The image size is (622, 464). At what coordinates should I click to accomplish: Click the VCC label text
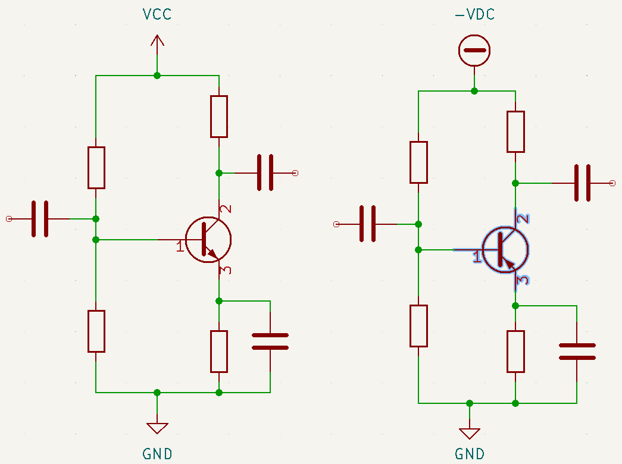(157, 14)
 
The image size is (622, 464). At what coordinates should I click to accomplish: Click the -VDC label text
(474, 15)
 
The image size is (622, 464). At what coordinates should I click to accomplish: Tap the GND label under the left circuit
(157, 454)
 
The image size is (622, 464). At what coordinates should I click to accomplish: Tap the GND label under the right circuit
(470, 454)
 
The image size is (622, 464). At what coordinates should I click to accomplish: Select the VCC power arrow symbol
(157, 42)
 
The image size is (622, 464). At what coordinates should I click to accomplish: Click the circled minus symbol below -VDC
(474, 50)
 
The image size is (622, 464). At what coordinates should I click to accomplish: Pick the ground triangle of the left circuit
(157, 428)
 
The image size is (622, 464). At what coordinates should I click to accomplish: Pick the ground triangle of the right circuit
(470, 433)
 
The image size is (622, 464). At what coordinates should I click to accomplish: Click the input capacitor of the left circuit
(40, 219)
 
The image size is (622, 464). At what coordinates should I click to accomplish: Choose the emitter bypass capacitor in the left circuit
(270, 341)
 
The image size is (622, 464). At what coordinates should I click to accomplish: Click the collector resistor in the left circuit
(219, 116)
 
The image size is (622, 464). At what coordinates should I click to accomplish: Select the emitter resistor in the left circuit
(219, 351)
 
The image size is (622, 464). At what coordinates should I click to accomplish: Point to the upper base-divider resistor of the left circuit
(96, 168)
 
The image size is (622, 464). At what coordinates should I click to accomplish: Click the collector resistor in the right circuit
(515, 131)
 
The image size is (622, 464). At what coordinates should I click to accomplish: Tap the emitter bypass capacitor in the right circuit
(577, 352)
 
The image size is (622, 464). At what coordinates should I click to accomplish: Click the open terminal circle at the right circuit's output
(612, 183)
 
